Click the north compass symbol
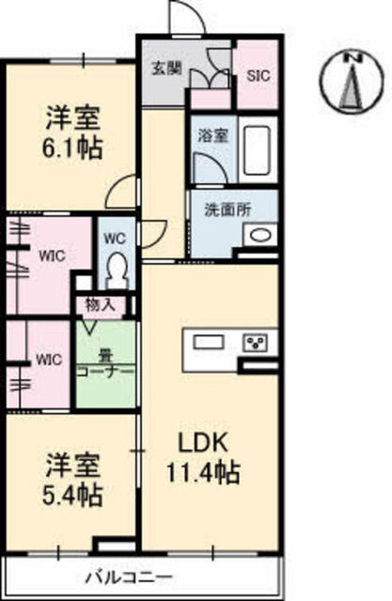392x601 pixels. tap(352, 82)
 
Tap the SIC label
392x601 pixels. tap(259, 75)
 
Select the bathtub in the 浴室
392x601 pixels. tap(258, 150)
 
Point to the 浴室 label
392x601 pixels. tap(212, 135)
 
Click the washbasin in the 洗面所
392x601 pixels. tap(259, 236)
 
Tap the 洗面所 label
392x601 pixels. tap(227, 209)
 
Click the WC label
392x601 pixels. tap(115, 239)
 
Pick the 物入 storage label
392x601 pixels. tap(100, 305)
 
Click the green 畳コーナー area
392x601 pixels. tap(106, 363)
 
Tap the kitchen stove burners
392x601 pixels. tap(255, 342)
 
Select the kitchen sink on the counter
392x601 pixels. tap(209, 342)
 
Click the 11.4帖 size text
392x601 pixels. tap(203, 472)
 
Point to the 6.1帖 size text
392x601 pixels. tap(72, 148)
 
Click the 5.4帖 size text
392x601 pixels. tap(72, 496)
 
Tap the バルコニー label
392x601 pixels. tap(129, 577)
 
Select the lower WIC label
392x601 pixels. tap(49, 360)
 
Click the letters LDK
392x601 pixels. tap(203, 443)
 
